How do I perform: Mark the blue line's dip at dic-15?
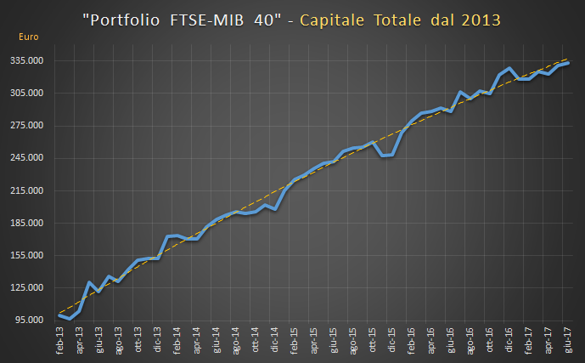[384, 156]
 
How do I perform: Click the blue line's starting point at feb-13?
[59, 315]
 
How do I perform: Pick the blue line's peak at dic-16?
[509, 68]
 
